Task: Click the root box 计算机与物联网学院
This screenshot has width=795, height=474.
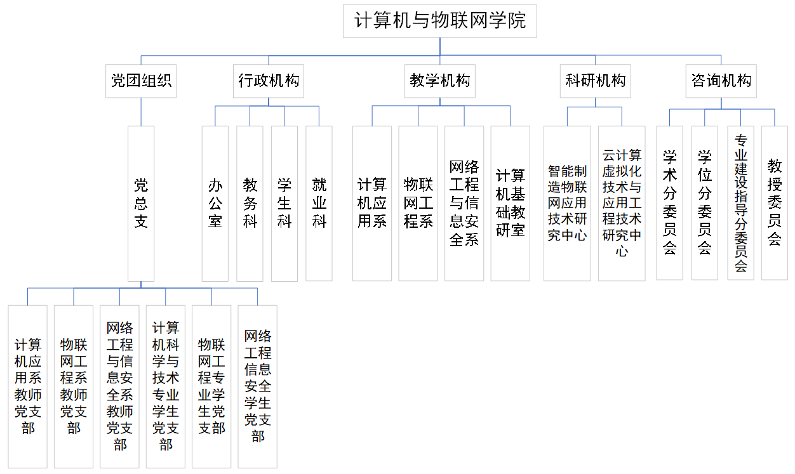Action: point(440,21)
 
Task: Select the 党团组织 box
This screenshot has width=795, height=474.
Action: point(141,81)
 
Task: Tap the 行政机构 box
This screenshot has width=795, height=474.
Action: point(268,81)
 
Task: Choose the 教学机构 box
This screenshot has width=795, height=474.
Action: point(440,81)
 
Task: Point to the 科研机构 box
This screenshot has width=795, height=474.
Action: point(595,81)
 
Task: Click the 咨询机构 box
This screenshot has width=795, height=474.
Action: point(721,81)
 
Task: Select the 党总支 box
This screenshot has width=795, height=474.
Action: point(141,203)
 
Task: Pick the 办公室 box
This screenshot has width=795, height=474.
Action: point(215,203)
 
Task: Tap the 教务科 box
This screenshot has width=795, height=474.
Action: point(250,203)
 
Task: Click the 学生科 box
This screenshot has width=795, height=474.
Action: point(284,203)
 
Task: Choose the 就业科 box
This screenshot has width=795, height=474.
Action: point(319,203)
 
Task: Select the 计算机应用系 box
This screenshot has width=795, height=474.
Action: point(372,203)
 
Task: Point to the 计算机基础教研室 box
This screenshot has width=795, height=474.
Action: point(510,203)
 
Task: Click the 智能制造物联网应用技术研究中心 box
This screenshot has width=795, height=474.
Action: point(567,203)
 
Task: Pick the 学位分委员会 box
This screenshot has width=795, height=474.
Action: point(704,203)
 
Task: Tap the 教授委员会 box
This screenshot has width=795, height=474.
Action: point(774,203)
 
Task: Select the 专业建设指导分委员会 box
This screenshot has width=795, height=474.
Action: point(740,203)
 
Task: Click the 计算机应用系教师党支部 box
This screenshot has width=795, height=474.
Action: point(28,386)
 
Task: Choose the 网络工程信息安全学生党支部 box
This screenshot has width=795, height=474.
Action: point(258,386)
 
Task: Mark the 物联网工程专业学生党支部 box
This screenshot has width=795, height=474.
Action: point(211,386)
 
